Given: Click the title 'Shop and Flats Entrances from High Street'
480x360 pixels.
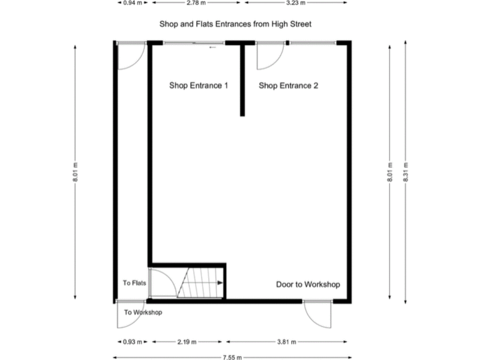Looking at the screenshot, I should coord(235,24).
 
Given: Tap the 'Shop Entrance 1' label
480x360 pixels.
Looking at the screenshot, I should coord(199,86).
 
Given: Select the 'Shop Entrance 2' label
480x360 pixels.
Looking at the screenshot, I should coord(289,86).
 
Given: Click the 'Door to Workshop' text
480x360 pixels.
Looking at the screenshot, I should coord(308,284).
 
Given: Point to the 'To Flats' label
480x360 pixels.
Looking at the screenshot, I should coord(134,283).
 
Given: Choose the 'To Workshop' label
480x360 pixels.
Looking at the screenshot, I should coord(143,312).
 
